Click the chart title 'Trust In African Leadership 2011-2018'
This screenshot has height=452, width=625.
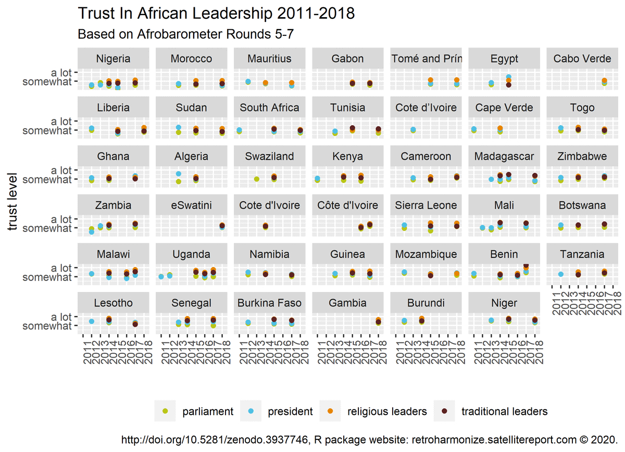click(216, 14)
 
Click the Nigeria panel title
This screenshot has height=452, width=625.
click(114, 58)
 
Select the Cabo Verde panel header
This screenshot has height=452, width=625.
click(582, 58)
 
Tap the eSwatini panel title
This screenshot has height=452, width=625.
click(192, 205)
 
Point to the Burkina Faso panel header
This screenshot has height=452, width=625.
click(270, 303)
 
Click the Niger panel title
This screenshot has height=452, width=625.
click(504, 303)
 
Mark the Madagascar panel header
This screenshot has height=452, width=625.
click(504, 156)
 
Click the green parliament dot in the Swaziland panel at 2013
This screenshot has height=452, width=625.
click(257, 179)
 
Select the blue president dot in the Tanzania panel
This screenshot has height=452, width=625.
click(561, 274)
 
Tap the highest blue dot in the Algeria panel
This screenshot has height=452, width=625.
click(179, 174)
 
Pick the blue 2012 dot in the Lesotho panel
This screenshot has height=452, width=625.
click(92, 322)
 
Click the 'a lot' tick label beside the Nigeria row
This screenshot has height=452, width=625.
click(61, 72)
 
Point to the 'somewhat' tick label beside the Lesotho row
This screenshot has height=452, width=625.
click(47, 326)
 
